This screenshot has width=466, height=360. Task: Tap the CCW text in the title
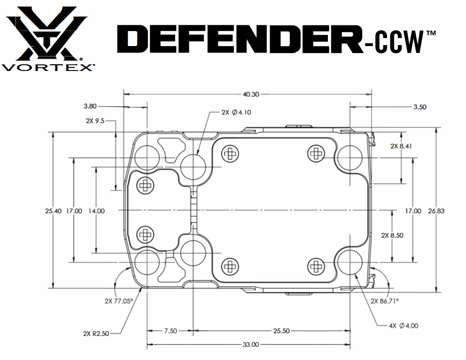click(x=392, y=44)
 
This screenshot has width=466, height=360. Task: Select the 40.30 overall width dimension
click(x=251, y=94)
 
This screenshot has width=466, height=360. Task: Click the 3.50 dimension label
click(x=419, y=107)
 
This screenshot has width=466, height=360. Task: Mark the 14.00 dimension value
click(x=96, y=211)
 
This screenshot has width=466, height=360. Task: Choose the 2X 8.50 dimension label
click(x=392, y=235)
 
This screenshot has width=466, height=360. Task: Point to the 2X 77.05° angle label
click(x=119, y=300)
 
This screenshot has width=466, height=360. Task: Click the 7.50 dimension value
click(x=170, y=331)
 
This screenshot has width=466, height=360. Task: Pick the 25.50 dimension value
click(x=281, y=331)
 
